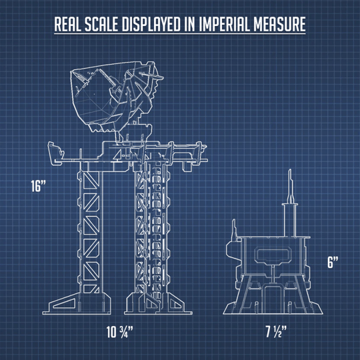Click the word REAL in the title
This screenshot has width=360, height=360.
click(x=67, y=24)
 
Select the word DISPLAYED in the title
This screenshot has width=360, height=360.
click(x=151, y=24)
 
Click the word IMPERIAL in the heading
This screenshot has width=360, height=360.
click(x=224, y=24)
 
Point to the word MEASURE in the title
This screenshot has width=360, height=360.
click(x=279, y=24)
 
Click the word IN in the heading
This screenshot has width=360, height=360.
click(x=190, y=24)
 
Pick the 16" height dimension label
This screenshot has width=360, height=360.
click(x=39, y=186)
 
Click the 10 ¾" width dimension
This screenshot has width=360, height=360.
click(x=119, y=332)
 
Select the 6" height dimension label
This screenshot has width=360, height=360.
click(x=333, y=262)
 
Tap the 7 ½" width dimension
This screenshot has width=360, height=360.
click(x=276, y=332)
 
